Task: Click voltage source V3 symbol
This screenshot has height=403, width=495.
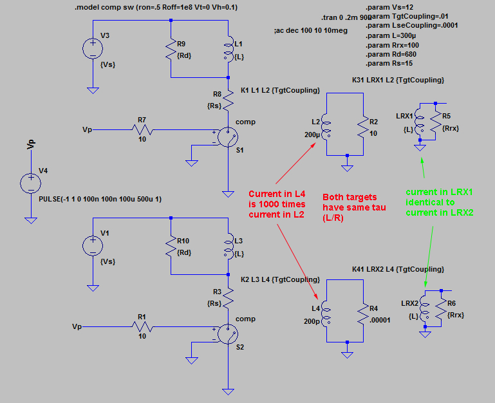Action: [x=93, y=49]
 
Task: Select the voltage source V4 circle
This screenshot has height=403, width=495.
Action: [x=31, y=183]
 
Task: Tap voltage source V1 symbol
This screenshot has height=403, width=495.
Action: [x=93, y=246]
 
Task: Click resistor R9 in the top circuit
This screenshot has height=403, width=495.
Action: [x=171, y=50]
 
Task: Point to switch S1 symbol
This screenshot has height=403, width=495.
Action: [x=228, y=137]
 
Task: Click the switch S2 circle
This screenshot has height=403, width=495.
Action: [x=228, y=334]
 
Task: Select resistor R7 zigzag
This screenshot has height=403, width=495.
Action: [x=142, y=129]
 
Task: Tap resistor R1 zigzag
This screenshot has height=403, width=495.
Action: [x=142, y=326]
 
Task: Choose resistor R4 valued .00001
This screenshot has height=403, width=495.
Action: [x=363, y=314]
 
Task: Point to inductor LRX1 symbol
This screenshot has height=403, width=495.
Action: [x=419, y=121]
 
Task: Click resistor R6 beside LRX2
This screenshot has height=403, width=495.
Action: [x=441, y=308]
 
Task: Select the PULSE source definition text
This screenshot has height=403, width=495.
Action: [x=100, y=200]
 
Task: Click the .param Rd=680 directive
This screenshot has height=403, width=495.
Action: [x=391, y=54]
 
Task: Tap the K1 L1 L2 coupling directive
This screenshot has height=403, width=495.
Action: [x=281, y=90]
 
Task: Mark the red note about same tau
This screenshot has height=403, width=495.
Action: [x=354, y=207]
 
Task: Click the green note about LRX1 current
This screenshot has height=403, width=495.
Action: [x=440, y=202]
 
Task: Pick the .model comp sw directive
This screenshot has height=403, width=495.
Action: [x=156, y=7]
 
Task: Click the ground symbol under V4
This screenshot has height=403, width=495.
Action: [x=31, y=220]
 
